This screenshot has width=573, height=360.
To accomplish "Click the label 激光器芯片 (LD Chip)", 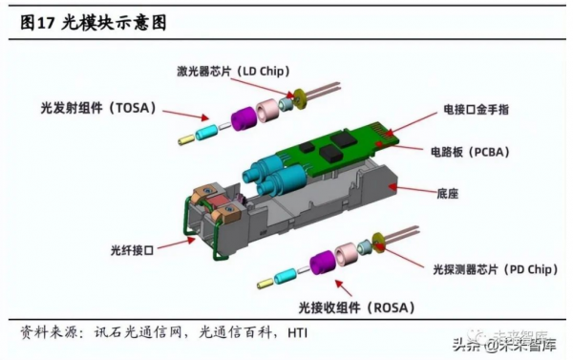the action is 233,71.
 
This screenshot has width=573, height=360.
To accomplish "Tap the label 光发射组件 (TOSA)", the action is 98,108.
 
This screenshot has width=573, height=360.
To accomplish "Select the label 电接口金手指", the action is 476,109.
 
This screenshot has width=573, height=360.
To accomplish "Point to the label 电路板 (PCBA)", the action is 470,152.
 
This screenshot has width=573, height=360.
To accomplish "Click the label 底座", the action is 447,193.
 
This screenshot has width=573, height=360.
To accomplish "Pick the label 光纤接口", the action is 132,250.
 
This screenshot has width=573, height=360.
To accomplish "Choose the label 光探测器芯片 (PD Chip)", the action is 496,269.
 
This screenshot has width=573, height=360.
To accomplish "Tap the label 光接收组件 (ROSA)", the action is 356,307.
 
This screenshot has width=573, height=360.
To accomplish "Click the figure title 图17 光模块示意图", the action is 94,23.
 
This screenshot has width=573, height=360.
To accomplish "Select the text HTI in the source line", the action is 297,333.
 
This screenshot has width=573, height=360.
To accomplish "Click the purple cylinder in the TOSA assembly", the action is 244,120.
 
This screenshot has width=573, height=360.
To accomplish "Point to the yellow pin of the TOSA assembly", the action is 186,139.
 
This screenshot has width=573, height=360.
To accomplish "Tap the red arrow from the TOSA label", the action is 185,115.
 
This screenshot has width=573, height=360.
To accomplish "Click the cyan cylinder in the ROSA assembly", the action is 286,276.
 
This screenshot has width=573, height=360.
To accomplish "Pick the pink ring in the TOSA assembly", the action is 266,110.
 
